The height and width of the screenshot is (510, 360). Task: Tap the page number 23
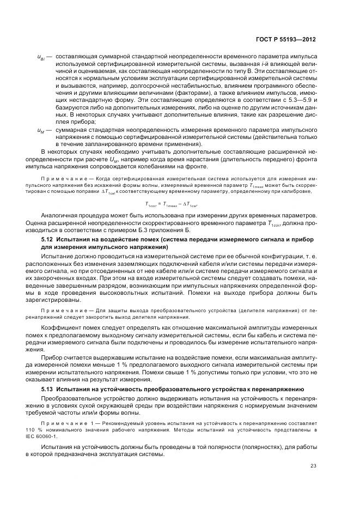pos(313,465)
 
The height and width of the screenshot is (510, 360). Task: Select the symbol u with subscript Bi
pos(41,56)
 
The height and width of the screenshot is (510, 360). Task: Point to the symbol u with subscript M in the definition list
pos(41,131)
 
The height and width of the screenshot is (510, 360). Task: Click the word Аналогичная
pos(61,215)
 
